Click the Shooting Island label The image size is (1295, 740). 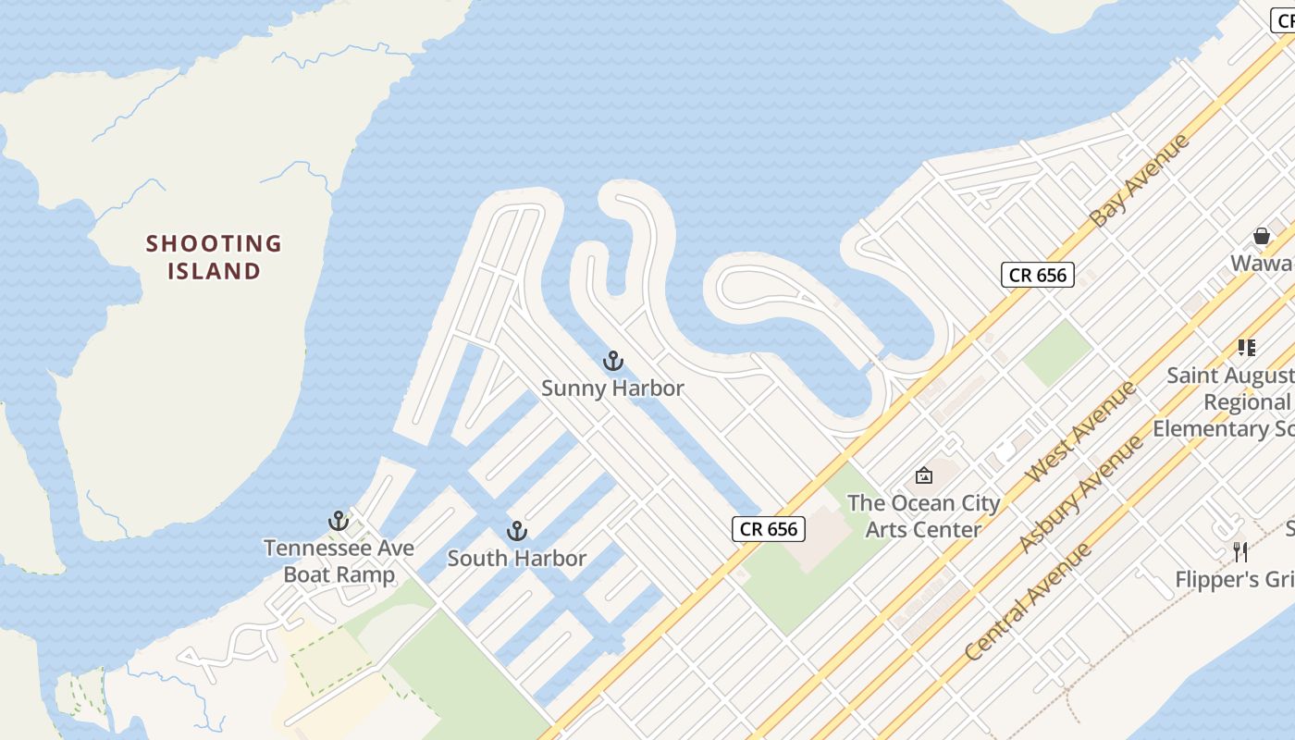click(x=214, y=257)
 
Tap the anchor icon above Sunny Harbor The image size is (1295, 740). click(x=612, y=361)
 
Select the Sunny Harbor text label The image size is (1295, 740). click(x=612, y=388)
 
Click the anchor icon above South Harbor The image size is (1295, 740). click(x=517, y=531)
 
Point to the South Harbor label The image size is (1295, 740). click(x=517, y=559)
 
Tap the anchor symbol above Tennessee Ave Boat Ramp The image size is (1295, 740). click(x=339, y=521)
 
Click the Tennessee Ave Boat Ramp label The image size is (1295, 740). click(x=339, y=561)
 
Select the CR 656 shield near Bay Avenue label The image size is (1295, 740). click(x=1037, y=275)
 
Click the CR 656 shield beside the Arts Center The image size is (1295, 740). click(x=769, y=529)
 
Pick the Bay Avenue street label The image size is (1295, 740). click(x=1139, y=181)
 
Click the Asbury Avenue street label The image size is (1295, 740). click(x=1079, y=495)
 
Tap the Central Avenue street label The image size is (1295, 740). click(x=1027, y=602)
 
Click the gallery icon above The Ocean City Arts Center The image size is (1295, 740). click(x=923, y=475)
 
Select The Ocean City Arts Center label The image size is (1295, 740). click(x=923, y=516)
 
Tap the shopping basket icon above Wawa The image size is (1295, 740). click(x=1261, y=237)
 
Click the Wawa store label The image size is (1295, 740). click(x=1262, y=264)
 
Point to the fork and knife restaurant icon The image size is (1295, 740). click(x=1240, y=552)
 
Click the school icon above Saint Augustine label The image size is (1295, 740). click(x=1247, y=348)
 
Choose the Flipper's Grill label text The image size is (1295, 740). click(x=1234, y=580)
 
